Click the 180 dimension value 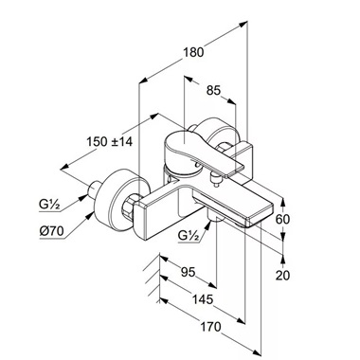pos(193,52)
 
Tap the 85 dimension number pos(213,91)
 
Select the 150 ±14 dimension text pos(110,141)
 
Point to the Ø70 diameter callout pos(51,231)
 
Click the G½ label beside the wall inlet pos(49,205)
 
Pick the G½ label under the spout pos(189,236)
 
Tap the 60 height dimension pos(282,219)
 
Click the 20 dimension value pos(282,275)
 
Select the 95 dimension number pos(189,272)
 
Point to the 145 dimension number pos(203,298)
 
